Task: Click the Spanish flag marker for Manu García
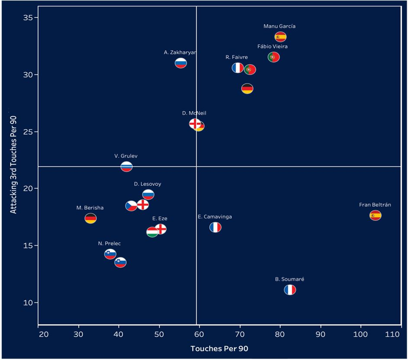(x=280, y=37)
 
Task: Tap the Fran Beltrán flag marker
(x=376, y=215)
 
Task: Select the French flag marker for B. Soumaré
(x=290, y=290)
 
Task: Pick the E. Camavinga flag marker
(x=215, y=227)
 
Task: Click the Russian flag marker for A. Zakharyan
(x=181, y=63)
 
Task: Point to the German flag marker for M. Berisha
(x=91, y=218)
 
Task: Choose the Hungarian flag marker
(x=152, y=233)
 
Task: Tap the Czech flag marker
(x=131, y=206)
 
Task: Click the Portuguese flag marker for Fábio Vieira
(x=274, y=57)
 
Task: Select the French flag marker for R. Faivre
(x=237, y=68)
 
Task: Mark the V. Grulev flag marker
(x=126, y=166)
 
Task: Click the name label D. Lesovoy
(x=147, y=184)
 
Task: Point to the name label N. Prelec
(x=109, y=243)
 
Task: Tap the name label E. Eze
(x=160, y=219)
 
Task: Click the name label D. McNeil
(x=194, y=113)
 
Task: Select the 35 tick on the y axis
(x=29, y=18)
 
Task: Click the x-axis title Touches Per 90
(x=219, y=349)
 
